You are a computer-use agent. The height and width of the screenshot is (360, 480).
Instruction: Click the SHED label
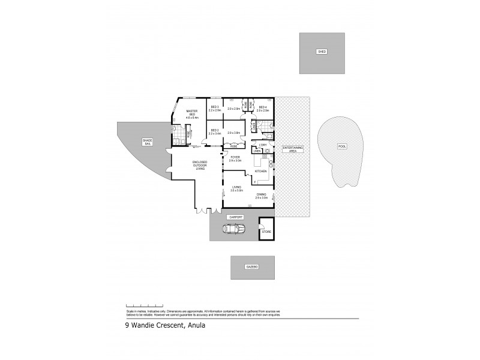coord(322,52)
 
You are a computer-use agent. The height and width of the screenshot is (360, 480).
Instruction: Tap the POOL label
coord(343,146)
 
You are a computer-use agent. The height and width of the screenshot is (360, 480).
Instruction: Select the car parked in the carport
coord(234,229)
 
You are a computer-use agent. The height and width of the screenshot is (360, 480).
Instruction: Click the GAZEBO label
coord(252,266)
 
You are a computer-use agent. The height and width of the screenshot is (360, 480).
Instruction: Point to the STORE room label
coord(266,231)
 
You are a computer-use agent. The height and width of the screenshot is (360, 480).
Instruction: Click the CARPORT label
coord(235,216)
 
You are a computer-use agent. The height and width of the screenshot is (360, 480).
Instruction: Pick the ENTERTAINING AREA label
coord(293,148)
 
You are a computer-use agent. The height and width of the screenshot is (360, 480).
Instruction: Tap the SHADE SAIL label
coord(147,142)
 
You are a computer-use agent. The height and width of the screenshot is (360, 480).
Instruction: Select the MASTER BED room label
coord(192,114)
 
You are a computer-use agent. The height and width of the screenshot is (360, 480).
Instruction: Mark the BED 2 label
coord(214,131)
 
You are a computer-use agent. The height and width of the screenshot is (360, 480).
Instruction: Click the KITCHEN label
coord(261,172)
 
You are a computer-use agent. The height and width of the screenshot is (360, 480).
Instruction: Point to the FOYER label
coord(235,158)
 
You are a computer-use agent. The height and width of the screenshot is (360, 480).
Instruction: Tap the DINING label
coord(262,195)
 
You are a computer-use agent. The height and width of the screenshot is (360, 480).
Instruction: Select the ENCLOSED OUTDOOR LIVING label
coord(200,165)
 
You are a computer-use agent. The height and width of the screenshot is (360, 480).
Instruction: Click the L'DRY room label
coord(262,145)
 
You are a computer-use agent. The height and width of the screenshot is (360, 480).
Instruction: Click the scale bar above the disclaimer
coord(144,306)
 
